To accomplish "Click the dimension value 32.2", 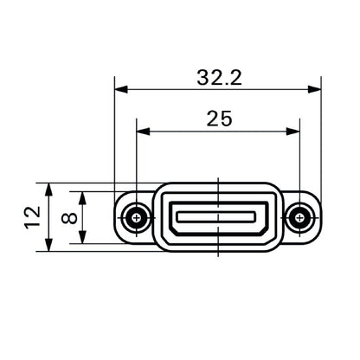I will pyautogui.click(x=218, y=77).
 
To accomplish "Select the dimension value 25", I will pyautogui.click(x=218, y=119).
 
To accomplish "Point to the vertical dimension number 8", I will pyautogui.click(x=72, y=216).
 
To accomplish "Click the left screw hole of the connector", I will pyautogui.click(x=135, y=216).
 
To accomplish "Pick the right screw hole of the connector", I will pyautogui.click(x=300, y=216).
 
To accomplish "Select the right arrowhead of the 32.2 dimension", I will pyautogui.click(x=314, y=88).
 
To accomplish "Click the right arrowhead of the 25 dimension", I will pyautogui.click(x=293, y=132).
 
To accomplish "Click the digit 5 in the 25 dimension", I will pyautogui.click(x=226, y=119).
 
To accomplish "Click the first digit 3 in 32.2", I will pyautogui.click(x=202, y=77).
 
